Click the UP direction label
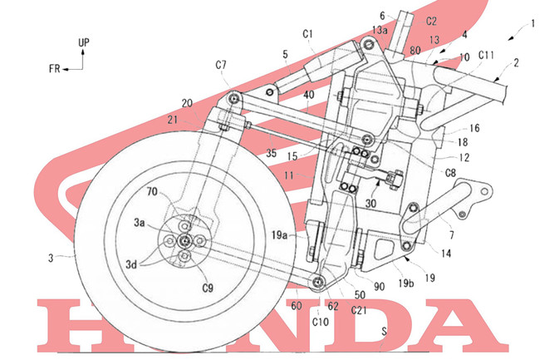pos(84,42)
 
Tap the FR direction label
pos(54,69)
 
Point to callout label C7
pos(221,65)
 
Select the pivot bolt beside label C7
pos(235,98)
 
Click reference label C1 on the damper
pos(307,34)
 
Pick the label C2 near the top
pos(431,22)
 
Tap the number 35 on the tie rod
pos(272,153)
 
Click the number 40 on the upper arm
pos(308,95)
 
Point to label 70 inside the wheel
pos(152,191)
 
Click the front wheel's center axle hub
pos(184,241)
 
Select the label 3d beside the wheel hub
pos(131,264)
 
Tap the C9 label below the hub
pos(208,288)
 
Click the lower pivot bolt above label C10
pos(318,282)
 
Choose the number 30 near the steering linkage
pos(371,203)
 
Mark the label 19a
pos(279,235)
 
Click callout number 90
pos(379,287)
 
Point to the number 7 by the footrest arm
pos(451,235)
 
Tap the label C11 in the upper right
pos(486,55)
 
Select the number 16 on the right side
pos(474,128)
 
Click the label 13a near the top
pos(380,30)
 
